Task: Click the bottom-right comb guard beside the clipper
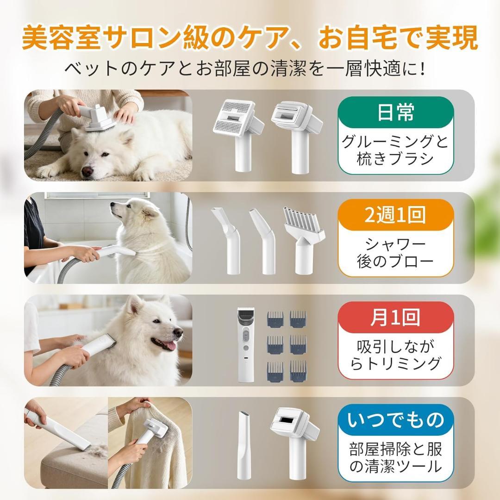click(x=299, y=371)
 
